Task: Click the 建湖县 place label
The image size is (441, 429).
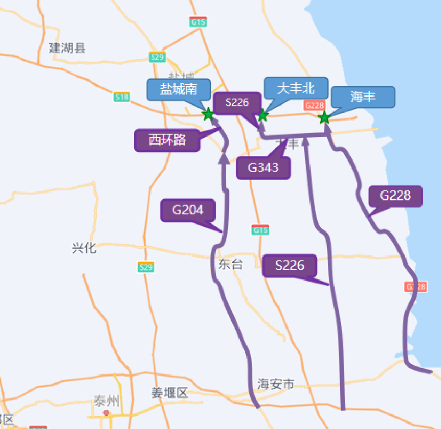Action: pos(67,48)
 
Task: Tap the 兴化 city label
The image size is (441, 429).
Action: pos(84,248)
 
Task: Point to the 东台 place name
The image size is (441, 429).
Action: pos(230,264)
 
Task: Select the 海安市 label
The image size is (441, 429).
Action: pos(275,384)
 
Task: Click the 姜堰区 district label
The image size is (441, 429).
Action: pos(169,393)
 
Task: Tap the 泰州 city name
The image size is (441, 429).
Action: pos(106,401)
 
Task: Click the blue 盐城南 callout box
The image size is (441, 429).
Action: pos(178,90)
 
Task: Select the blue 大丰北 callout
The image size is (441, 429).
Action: pos(296,88)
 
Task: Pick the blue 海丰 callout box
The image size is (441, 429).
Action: pos(362,97)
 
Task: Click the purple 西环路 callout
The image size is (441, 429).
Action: pos(167,140)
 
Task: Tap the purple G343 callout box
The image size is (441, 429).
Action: pos(263,168)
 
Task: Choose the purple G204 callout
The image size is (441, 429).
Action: pos(188,210)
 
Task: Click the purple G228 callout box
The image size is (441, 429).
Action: pos(395,196)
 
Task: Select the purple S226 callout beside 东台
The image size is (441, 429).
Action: pos(289,265)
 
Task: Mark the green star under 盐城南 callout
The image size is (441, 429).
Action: pos(208,114)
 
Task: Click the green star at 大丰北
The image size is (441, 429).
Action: pos(262,115)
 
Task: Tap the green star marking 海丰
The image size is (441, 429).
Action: pos(324,118)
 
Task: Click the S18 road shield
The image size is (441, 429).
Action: pos(122,97)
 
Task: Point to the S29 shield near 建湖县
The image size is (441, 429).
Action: pos(157,57)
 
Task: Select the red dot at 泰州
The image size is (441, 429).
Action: pos(106,412)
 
